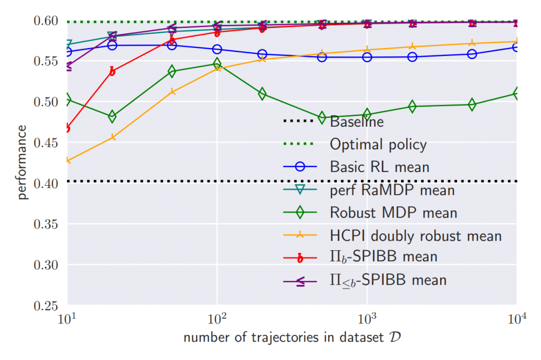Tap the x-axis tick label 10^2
(217, 320)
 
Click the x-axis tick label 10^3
(367, 320)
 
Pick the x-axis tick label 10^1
(67, 320)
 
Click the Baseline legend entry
(357, 122)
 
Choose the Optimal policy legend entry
(378, 144)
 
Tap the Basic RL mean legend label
(379, 167)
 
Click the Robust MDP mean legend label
(393, 212)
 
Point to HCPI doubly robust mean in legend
(415, 235)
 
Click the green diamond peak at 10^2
(217, 64)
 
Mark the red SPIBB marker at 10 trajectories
(68, 128)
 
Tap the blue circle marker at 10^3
(367, 57)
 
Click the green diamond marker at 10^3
(367, 115)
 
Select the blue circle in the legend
(300, 167)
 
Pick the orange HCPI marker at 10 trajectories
(68, 160)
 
